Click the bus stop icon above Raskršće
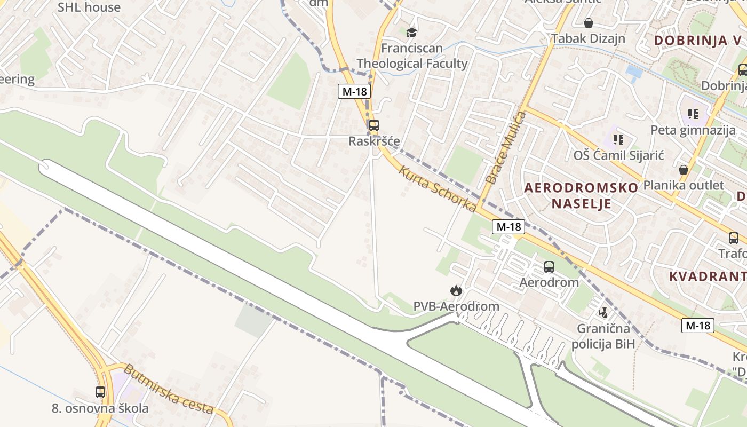(x=374, y=126)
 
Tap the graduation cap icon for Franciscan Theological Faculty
(x=411, y=33)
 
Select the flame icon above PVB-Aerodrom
(x=456, y=290)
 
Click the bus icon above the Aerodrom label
(x=549, y=267)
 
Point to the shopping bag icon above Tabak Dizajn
(x=589, y=23)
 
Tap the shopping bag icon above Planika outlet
(x=684, y=170)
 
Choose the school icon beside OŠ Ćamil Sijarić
(x=618, y=140)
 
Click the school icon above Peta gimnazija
(x=693, y=114)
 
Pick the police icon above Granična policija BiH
(x=603, y=312)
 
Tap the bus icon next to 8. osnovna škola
(x=100, y=392)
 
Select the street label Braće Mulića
(x=500, y=148)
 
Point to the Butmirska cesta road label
(x=169, y=389)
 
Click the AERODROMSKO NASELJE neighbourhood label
(x=581, y=195)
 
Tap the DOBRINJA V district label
(x=698, y=41)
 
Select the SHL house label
(x=89, y=7)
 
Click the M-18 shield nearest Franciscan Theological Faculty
(x=354, y=91)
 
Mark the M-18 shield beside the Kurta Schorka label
(x=508, y=227)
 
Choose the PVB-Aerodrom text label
(x=456, y=306)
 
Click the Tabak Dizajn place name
(x=588, y=38)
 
